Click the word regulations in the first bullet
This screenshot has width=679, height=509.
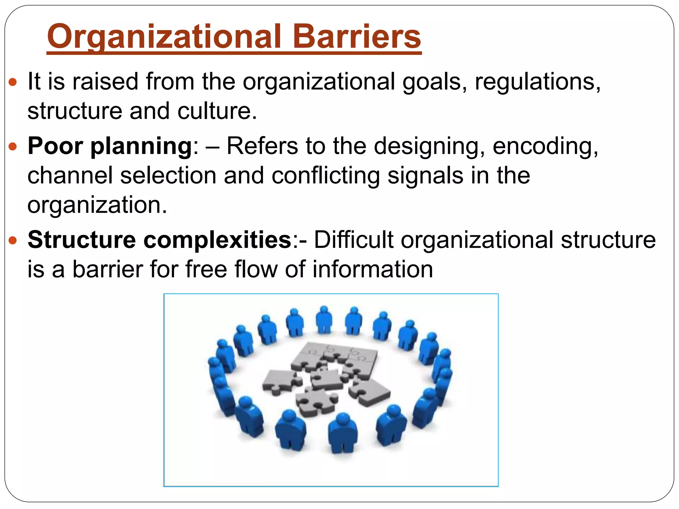click(537, 82)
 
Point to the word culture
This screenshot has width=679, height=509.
click(217, 111)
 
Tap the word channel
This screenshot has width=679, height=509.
click(70, 175)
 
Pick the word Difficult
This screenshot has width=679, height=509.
click(353, 240)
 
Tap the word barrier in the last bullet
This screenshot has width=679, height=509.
click(108, 269)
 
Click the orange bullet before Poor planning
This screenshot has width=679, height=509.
click(13, 146)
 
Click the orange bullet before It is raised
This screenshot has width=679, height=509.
click(13, 82)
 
